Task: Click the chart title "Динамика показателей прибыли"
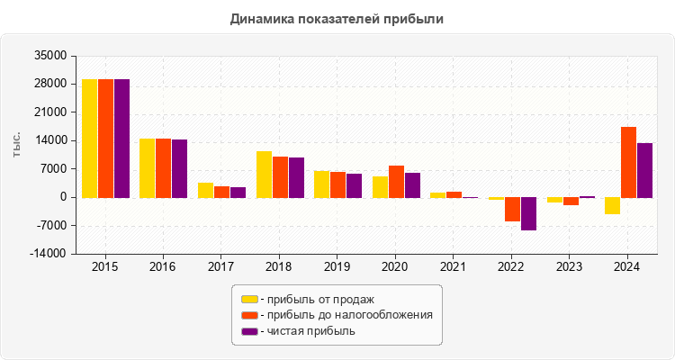tap(337, 18)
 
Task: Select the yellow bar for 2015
tap(90, 138)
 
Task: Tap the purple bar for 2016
tap(180, 168)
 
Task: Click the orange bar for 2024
tap(629, 162)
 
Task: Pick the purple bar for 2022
tap(528, 213)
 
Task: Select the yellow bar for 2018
tap(264, 174)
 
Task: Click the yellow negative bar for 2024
tap(613, 205)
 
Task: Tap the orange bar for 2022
tap(512, 209)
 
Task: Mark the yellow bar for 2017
tap(206, 190)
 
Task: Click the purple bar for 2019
tap(354, 185)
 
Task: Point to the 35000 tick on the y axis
tap(49, 56)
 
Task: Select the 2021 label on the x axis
tap(454, 267)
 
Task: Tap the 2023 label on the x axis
tap(570, 267)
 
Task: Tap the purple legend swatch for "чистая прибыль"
tap(249, 331)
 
